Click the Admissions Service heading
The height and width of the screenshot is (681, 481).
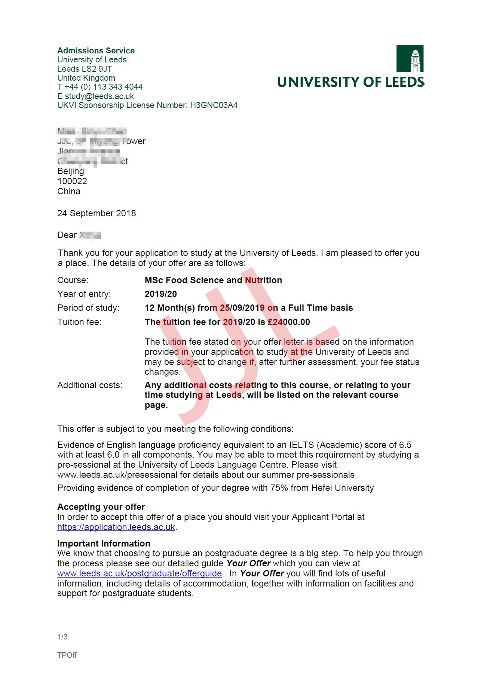click(x=96, y=50)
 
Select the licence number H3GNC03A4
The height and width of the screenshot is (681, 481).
click(x=214, y=105)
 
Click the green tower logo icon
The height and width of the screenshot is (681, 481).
click(x=410, y=58)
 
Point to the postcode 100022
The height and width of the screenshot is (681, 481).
click(x=72, y=181)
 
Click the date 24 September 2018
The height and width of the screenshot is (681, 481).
click(x=96, y=213)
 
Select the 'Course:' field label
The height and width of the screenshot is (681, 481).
click(x=73, y=280)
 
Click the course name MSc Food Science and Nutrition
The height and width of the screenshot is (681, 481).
click(x=213, y=280)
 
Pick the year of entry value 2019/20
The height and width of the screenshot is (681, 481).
click(x=161, y=294)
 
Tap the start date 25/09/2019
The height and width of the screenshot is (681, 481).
click(x=242, y=308)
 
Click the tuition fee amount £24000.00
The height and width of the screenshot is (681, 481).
click(x=289, y=322)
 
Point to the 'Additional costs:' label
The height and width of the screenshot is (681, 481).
click(x=90, y=385)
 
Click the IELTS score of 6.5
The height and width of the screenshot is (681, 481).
click(x=405, y=445)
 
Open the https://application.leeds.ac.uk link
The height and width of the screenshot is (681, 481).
click(x=116, y=527)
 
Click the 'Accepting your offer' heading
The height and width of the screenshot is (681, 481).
click(x=101, y=507)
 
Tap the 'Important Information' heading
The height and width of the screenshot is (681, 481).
click(x=104, y=544)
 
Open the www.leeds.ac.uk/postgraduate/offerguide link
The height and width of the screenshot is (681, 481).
click(x=140, y=573)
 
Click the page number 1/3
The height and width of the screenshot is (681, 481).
click(x=62, y=637)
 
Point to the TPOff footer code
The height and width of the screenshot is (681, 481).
click(x=67, y=655)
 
